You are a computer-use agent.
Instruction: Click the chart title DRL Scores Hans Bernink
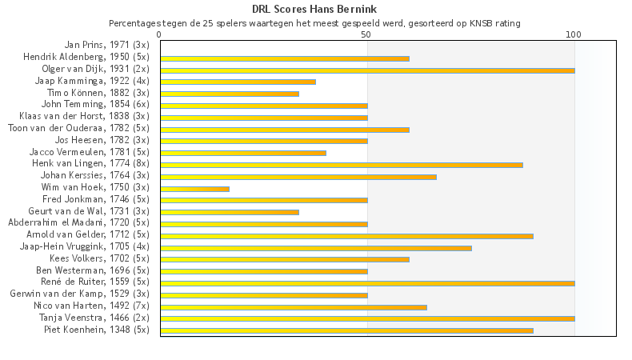(x=315, y=9)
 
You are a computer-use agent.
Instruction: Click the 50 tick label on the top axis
(x=366, y=35)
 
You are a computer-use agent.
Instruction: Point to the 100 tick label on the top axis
(x=574, y=35)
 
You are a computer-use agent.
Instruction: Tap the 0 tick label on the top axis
(x=160, y=35)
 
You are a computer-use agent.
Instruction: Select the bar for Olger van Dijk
(x=367, y=70)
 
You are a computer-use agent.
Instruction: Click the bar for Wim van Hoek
(x=194, y=189)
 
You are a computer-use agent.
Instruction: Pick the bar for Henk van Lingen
(x=342, y=165)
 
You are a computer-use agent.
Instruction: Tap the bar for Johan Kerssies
(x=298, y=177)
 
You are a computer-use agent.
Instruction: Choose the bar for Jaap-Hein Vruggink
(x=316, y=248)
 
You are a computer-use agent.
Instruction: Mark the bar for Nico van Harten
(x=294, y=307)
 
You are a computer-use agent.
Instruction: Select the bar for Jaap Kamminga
(x=238, y=82)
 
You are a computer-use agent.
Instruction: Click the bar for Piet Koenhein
(x=346, y=330)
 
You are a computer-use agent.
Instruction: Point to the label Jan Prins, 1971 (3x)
(x=106, y=45)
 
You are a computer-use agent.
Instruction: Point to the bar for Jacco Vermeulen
(x=243, y=153)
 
